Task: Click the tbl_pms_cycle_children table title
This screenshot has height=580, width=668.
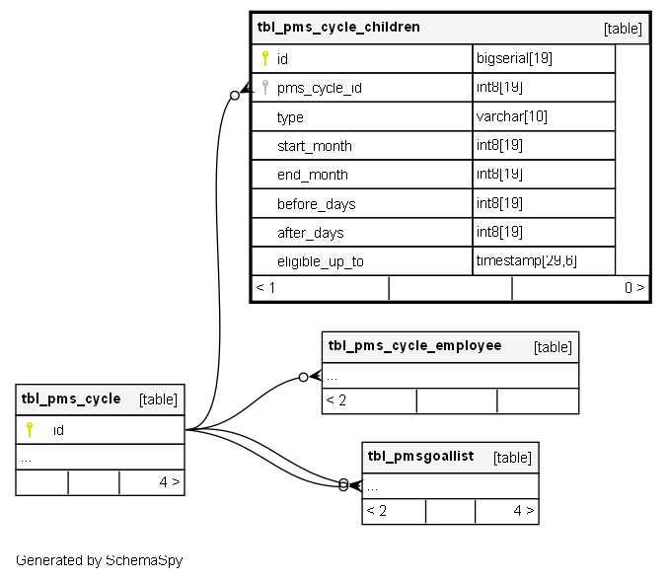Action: pyautogui.click(x=338, y=28)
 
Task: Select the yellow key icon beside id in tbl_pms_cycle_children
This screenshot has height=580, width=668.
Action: pyautogui.click(x=264, y=58)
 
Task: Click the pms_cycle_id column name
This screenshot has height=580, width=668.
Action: pyautogui.click(x=320, y=88)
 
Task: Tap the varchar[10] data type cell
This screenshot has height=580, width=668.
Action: pyautogui.click(x=512, y=116)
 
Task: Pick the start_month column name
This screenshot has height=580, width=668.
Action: pyautogui.click(x=314, y=146)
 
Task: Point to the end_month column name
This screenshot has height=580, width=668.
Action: pyautogui.click(x=312, y=175)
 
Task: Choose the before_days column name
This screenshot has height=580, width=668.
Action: pyautogui.click(x=316, y=204)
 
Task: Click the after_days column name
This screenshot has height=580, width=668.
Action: pyautogui.click(x=310, y=233)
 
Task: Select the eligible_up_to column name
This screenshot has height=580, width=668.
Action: pyautogui.click(x=320, y=261)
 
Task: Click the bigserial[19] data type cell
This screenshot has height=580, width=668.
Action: pyautogui.click(x=514, y=58)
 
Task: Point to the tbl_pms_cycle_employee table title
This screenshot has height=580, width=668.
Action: pyautogui.click(x=414, y=346)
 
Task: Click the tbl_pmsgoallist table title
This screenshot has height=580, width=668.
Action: pyautogui.click(x=420, y=456)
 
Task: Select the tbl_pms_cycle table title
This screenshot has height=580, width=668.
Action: pyautogui.click(x=71, y=399)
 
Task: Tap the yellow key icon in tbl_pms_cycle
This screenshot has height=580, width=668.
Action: pyautogui.click(x=30, y=429)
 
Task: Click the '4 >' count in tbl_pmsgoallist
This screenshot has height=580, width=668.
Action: pyautogui.click(x=524, y=511)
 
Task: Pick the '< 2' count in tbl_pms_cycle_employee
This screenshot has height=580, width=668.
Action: pyautogui.click(x=336, y=400)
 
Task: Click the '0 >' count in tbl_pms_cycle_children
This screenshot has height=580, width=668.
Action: pyautogui.click(x=634, y=288)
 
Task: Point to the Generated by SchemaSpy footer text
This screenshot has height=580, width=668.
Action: pyautogui.click(x=99, y=560)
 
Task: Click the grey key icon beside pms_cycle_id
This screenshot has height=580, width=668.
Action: pyautogui.click(x=264, y=87)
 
